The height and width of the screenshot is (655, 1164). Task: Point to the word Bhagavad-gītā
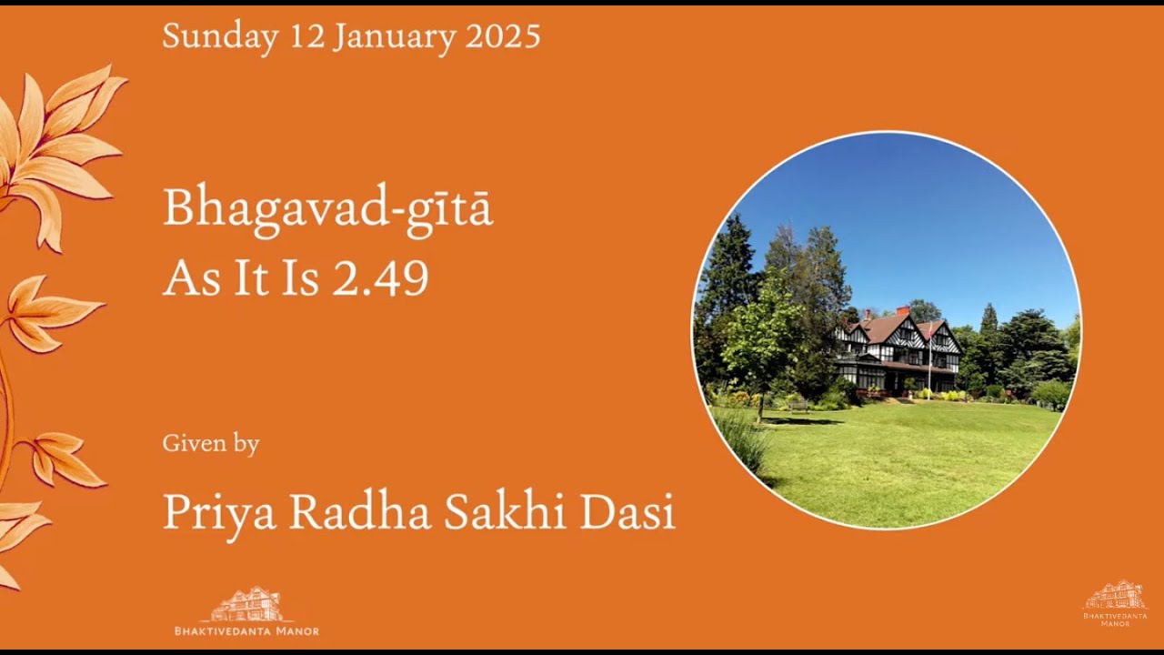point(327,210)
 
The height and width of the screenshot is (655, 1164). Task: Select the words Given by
point(211,444)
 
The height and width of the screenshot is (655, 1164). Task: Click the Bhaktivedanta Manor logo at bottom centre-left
point(246,612)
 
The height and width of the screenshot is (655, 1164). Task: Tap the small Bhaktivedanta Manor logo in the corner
point(1115,603)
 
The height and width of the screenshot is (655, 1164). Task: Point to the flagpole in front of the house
point(929,364)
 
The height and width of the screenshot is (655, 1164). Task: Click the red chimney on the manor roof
point(902,312)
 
